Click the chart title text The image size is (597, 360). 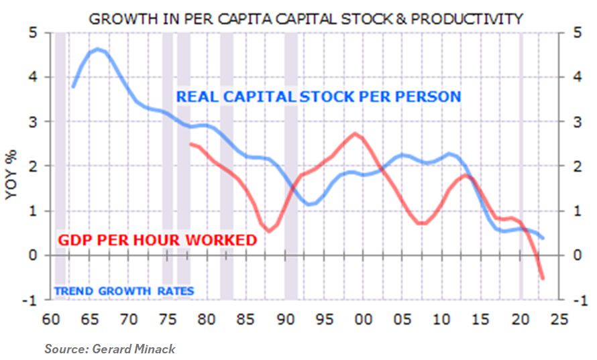tap(305, 18)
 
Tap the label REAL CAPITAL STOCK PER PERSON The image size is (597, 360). tap(319, 97)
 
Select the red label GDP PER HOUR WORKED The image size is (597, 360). tap(158, 240)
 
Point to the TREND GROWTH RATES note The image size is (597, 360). tap(123, 291)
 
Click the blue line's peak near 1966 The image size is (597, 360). tap(98, 49)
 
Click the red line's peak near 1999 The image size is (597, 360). tap(356, 133)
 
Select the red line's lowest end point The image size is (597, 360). tap(543, 278)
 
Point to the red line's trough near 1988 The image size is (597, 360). tap(269, 231)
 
